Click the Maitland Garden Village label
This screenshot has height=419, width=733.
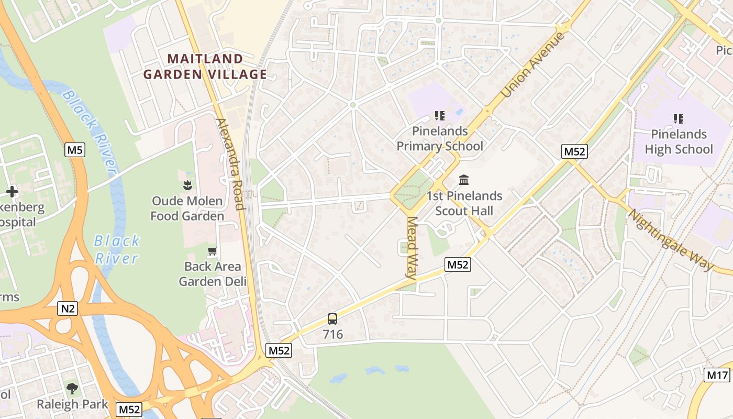[x=205, y=67]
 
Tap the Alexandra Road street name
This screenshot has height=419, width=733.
[x=230, y=163]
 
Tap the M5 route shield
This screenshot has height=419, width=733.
[x=75, y=151]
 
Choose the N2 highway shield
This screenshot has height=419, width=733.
[x=68, y=309]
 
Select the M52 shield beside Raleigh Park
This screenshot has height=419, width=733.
[x=129, y=409]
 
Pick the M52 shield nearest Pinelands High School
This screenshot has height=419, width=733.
[x=575, y=152]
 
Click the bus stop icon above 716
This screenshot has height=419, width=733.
[x=332, y=318]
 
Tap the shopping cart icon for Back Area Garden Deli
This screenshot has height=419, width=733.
[x=212, y=251]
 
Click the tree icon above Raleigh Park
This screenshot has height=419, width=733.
[x=72, y=389]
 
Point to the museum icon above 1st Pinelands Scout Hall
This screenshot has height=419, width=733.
[x=464, y=180]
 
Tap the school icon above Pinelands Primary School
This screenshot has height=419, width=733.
[x=440, y=115]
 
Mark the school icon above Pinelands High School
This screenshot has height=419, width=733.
[x=679, y=119]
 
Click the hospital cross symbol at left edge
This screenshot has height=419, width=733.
[x=12, y=192]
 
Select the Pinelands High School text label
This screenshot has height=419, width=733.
[x=679, y=142]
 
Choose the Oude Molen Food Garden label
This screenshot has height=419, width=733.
[x=187, y=208]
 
